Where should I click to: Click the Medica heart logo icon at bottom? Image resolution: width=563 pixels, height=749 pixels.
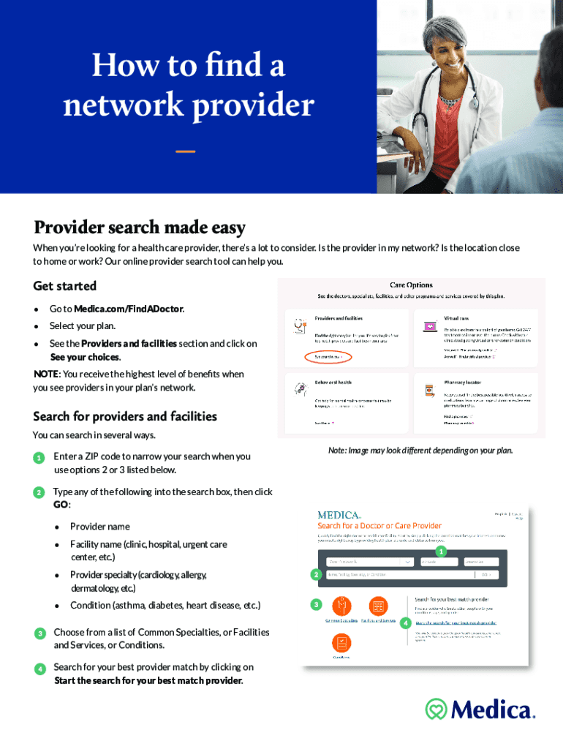pyautogui.click(x=437, y=709)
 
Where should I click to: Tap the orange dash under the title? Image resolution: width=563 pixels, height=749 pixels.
pyautogui.click(x=186, y=151)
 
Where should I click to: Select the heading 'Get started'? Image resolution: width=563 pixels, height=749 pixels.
pyautogui.click(x=65, y=286)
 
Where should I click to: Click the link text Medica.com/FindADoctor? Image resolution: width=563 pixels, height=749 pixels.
pyautogui.click(x=128, y=309)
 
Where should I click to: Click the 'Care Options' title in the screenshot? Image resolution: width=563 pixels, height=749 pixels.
pyautogui.click(x=411, y=285)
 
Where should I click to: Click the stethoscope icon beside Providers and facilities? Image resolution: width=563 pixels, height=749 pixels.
pyautogui.click(x=300, y=326)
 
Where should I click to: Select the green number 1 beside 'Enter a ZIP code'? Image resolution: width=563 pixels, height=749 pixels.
pyautogui.click(x=38, y=458)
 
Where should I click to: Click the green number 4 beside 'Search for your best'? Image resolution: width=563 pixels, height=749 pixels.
pyautogui.click(x=38, y=669)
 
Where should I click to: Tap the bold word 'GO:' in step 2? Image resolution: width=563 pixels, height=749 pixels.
pyautogui.click(x=61, y=505)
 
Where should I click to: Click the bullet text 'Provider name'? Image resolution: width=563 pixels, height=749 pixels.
pyautogui.click(x=100, y=527)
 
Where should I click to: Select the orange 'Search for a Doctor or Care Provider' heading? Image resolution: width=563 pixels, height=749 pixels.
pyautogui.click(x=379, y=525)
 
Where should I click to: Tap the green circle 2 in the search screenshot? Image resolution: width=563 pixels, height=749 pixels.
pyautogui.click(x=316, y=575)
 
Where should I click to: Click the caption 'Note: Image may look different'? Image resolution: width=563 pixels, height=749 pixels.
pyautogui.click(x=420, y=451)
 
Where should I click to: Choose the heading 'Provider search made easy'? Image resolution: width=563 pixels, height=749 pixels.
pyautogui.click(x=139, y=227)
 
